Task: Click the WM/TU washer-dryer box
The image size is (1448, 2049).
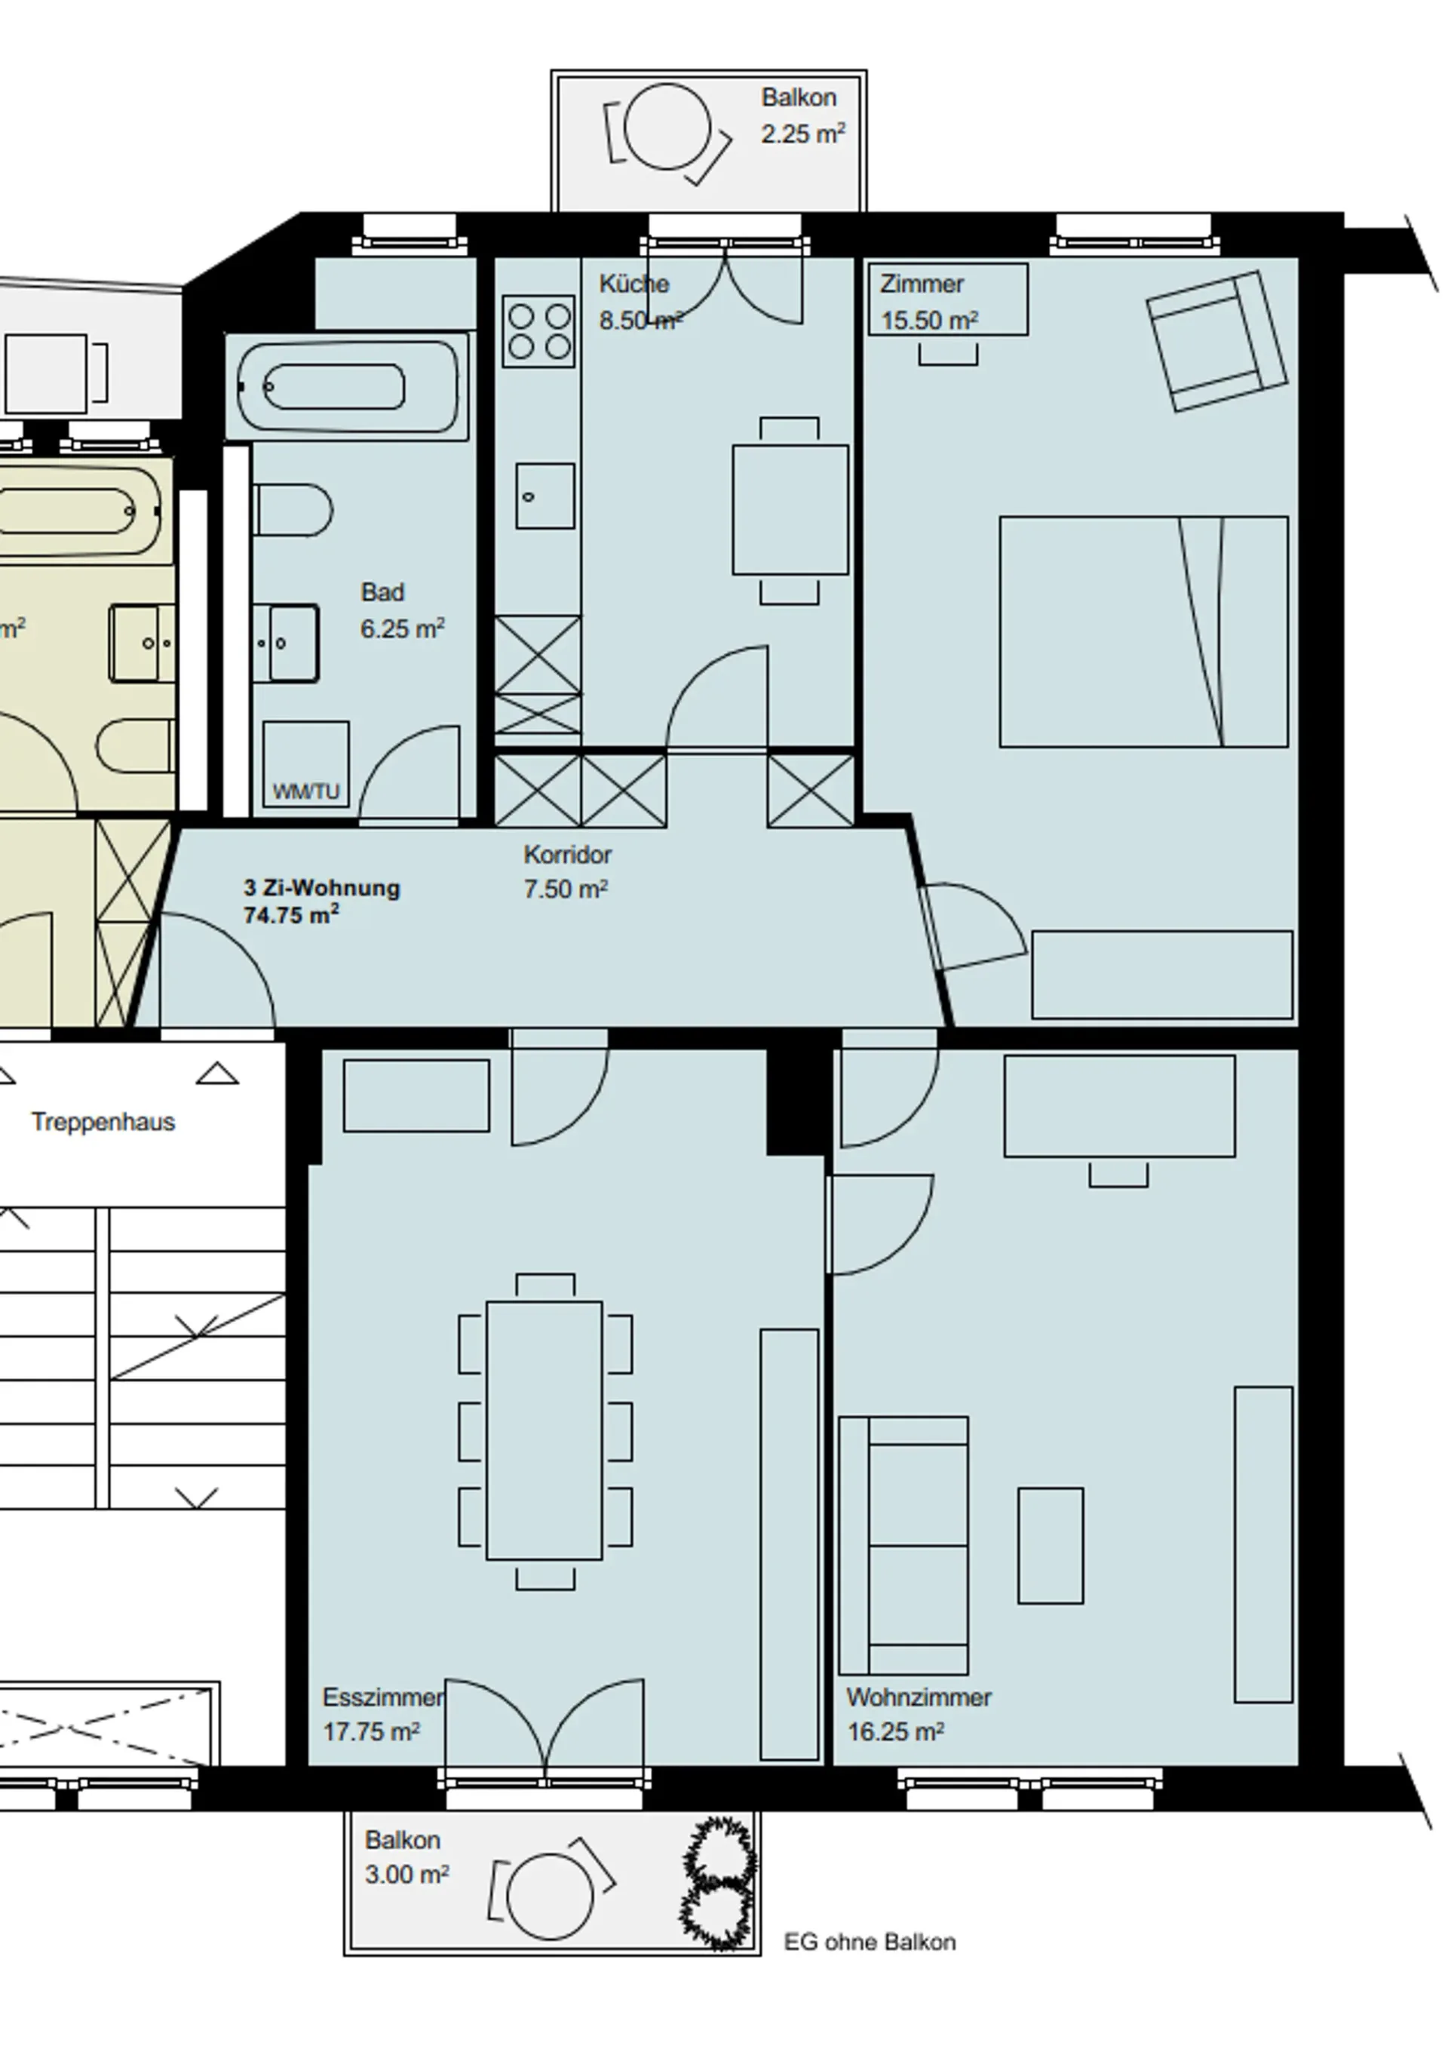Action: coord(305,765)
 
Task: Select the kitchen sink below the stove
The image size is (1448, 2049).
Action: coord(545,496)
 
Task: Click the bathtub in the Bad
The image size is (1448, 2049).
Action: coord(347,386)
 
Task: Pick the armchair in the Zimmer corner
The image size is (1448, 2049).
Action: coord(1218,342)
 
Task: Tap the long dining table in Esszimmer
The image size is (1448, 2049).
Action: coord(545,1430)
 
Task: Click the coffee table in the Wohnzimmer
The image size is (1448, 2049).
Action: coord(1051,1546)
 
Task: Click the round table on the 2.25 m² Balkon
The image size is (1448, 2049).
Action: coord(667,127)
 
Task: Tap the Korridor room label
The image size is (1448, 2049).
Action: coord(567,854)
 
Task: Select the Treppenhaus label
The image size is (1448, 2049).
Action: coord(103,1122)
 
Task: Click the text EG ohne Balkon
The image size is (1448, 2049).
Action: coord(870,1942)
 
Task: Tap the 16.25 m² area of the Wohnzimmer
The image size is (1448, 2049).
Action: coord(896,1732)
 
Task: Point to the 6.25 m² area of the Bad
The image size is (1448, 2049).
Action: coord(403,628)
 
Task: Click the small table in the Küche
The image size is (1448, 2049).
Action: coord(790,509)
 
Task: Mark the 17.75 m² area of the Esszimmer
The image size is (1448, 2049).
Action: coord(371,1732)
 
